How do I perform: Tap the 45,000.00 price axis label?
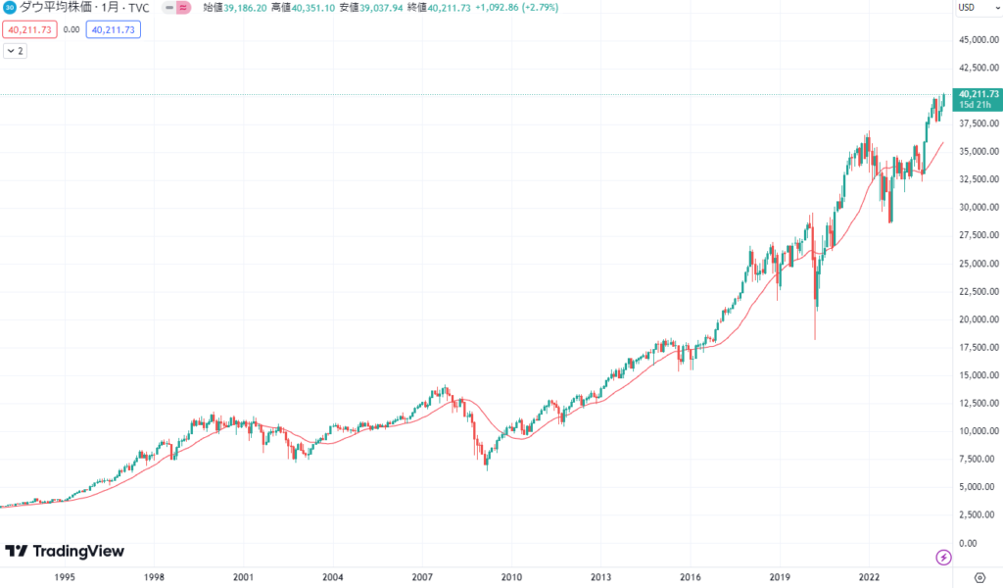click(x=978, y=40)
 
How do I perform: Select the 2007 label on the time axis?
click(x=422, y=578)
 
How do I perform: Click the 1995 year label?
click(x=65, y=578)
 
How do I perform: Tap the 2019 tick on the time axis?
click(x=780, y=578)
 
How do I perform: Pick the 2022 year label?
click(x=869, y=578)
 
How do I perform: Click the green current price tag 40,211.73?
click(x=979, y=94)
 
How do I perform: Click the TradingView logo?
click(x=65, y=551)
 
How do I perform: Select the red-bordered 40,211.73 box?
click(x=28, y=29)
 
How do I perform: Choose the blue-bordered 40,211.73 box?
click(x=114, y=29)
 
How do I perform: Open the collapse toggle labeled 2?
click(x=15, y=51)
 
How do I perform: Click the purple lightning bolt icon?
click(x=943, y=557)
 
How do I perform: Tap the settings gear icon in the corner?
click(x=979, y=578)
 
